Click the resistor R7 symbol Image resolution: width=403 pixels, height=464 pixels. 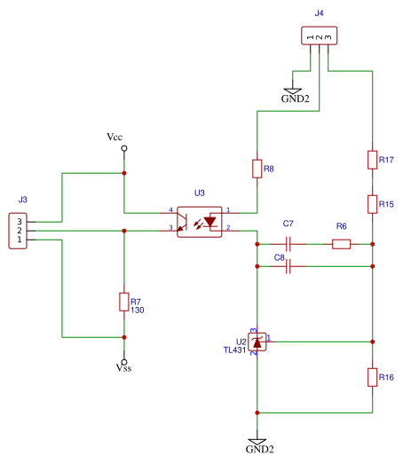(x=124, y=302)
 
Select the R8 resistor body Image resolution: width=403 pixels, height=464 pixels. (x=257, y=169)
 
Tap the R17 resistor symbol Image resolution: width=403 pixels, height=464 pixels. (x=373, y=160)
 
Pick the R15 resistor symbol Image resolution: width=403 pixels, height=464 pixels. (x=373, y=204)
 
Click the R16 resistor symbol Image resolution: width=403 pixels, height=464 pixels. (x=373, y=377)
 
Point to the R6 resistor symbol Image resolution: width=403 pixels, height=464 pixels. (x=342, y=244)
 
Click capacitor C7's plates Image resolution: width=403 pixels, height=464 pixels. (x=288, y=244)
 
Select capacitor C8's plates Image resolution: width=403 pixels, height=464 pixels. (x=288, y=266)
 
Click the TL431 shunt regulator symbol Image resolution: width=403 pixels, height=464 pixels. (x=257, y=342)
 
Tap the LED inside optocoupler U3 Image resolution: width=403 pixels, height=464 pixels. (x=210, y=222)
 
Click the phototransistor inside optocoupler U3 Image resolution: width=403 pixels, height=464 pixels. (x=182, y=222)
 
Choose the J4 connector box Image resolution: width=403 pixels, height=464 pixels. (x=320, y=35)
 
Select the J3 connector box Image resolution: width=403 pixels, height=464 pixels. (x=18, y=231)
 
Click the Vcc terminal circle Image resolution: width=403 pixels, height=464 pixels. (x=124, y=148)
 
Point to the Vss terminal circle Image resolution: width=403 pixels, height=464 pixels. (x=124, y=362)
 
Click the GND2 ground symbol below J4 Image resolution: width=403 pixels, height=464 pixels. (x=293, y=91)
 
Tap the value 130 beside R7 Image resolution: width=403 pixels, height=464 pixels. (x=138, y=311)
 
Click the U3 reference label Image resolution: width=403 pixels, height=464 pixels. (x=200, y=193)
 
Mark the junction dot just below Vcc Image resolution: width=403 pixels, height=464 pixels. (x=124, y=173)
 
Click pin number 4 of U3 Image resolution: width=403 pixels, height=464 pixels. (x=170, y=209)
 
